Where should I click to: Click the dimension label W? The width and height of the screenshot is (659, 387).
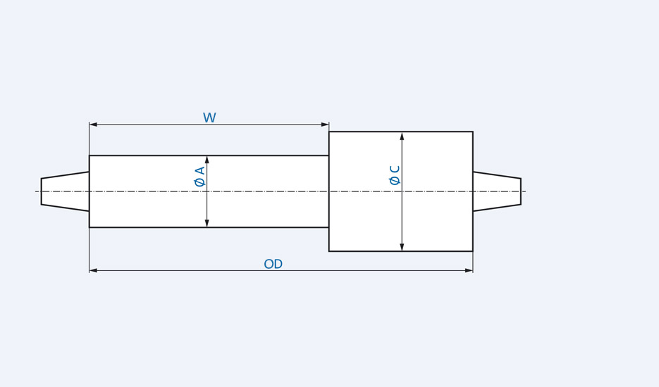coord(209,118)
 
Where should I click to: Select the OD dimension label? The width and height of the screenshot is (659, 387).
coord(273,265)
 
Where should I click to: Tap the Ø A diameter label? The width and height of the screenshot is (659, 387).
coord(199,176)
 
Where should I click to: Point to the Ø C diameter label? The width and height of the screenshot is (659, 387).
coord(395,175)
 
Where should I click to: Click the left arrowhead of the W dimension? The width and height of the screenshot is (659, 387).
coord(93,125)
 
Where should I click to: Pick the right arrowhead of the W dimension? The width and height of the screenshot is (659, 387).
coord(325,125)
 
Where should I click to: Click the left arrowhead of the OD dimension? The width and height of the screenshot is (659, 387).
coord(93,270)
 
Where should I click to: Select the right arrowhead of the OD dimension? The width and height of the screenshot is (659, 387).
coord(469,270)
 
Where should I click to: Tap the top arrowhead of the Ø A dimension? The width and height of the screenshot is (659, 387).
coord(207,160)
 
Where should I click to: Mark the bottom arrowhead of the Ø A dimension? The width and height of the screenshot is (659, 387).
coord(207,223)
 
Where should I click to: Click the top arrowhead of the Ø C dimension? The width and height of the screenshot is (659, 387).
coord(402,136)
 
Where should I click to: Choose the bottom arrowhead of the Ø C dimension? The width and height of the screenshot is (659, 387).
coord(402,247)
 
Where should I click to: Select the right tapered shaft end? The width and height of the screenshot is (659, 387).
coord(497,191)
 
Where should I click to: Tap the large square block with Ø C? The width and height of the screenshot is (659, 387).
coord(437,211)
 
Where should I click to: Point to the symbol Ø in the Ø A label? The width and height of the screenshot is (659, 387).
coord(199,182)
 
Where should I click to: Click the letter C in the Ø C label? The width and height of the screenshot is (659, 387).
coord(395,170)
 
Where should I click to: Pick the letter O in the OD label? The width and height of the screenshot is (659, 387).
coord(269,265)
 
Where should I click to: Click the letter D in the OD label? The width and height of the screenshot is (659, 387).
coord(278,265)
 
